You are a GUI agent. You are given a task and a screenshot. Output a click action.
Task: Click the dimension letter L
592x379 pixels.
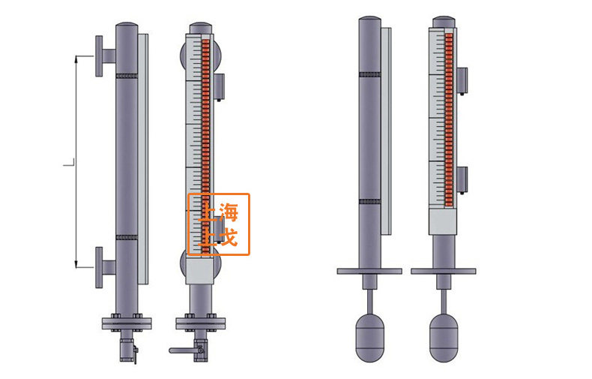point(69,163)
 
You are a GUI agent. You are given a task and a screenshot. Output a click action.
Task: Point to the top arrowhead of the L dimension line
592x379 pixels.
point(76,59)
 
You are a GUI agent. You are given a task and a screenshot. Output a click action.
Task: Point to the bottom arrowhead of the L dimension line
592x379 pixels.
point(76,264)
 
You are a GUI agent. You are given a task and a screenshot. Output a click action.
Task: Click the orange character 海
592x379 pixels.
point(229,212)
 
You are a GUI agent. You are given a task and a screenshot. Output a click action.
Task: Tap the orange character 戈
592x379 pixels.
point(229,236)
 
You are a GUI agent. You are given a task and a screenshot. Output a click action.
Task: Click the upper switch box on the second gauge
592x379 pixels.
point(219,86)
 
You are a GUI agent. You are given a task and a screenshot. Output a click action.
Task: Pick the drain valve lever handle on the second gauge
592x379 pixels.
point(181,350)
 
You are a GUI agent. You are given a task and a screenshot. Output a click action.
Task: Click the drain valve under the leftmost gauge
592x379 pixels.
point(127,350)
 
